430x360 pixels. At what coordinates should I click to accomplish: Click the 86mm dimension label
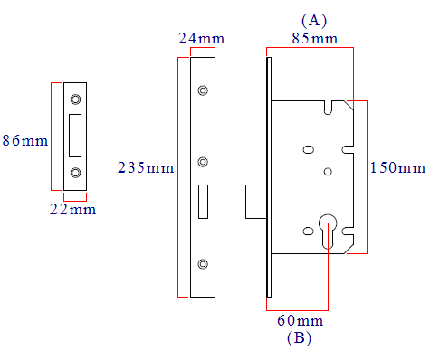point(25,140)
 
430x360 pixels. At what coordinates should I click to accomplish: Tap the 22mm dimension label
point(73,209)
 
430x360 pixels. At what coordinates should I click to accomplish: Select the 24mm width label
point(201,38)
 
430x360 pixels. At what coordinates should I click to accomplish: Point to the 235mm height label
point(146,167)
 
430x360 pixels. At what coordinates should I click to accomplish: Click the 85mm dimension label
point(315,38)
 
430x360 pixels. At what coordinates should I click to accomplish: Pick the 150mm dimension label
point(397,167)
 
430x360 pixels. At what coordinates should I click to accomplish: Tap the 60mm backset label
point(301,320)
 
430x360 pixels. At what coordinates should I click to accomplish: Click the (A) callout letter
point(314,21)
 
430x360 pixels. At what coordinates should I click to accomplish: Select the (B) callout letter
point(299,338)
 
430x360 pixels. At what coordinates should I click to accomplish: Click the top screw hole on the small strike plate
point(75,99)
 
